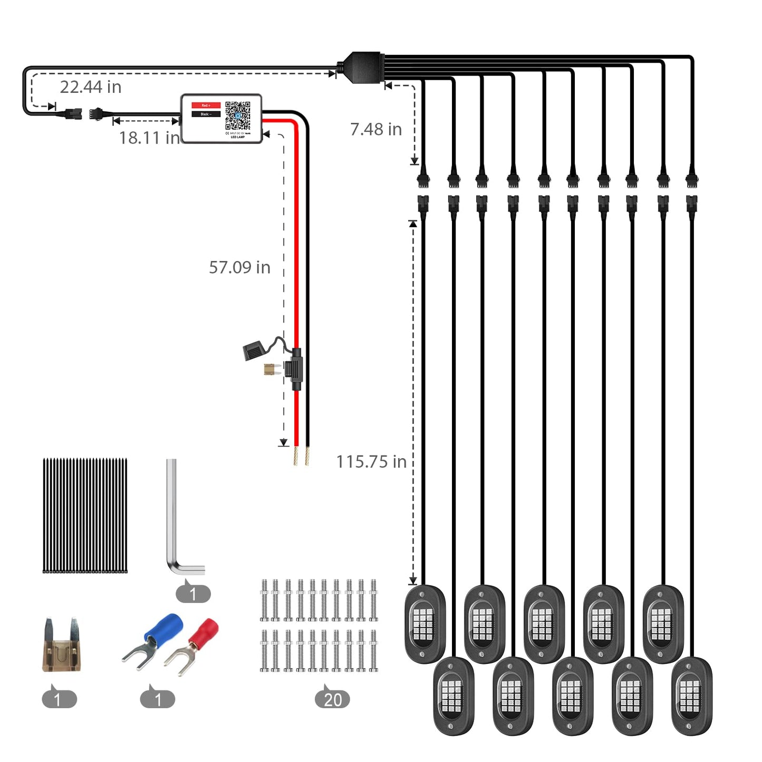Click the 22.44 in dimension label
coord(91,87)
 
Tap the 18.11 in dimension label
coord(149,138)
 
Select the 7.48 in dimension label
coord(376,129)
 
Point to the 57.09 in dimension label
coord(239,267)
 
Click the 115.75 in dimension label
coord(371,462)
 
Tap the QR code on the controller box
coord(238,115)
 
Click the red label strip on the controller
coord(206,105)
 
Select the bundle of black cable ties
coord(85,516)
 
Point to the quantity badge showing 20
coord(332,700)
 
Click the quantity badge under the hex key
coord(193,594)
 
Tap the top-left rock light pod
coord(425,623)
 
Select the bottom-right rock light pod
coord(691,695)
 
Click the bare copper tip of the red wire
coord(296,456)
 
